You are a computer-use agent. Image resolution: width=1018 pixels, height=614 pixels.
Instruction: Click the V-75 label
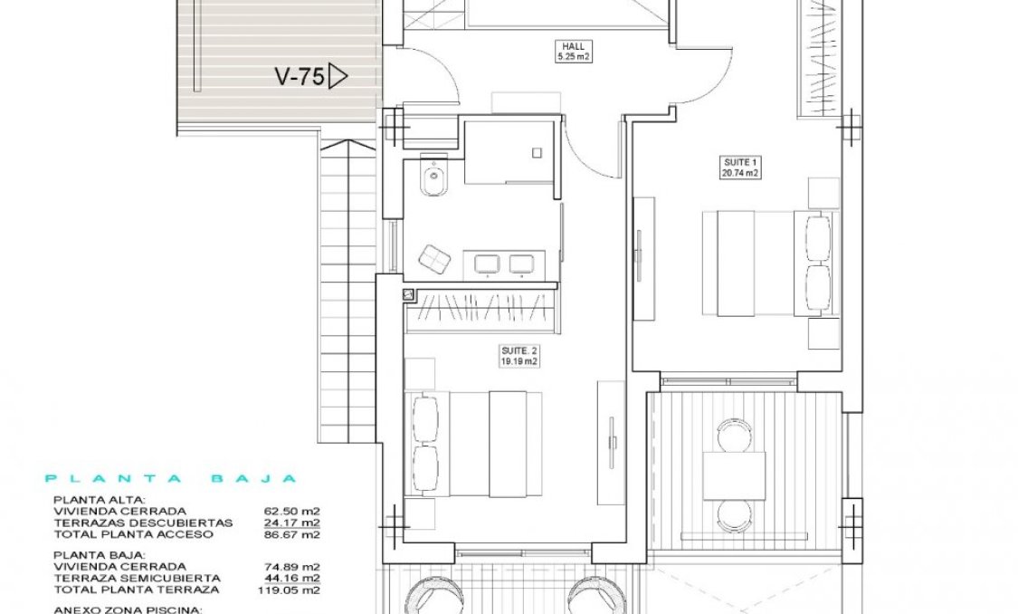(x=299, y=77)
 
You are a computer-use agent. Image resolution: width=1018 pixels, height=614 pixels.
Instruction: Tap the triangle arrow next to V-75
(x=338, y=76)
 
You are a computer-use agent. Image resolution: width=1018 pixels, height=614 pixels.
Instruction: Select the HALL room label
(x=572, y=46)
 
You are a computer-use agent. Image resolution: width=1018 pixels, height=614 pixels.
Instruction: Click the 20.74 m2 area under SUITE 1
(x=739, y=172)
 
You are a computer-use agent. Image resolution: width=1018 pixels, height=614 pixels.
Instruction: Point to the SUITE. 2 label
(x=519, y=350)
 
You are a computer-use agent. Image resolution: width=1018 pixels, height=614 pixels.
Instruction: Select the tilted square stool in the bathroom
(x=434, y=260)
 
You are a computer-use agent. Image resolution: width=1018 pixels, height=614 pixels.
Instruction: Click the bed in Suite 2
(x=477, y=443)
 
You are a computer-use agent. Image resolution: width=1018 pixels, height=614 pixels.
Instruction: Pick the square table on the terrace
(x=734, y=475)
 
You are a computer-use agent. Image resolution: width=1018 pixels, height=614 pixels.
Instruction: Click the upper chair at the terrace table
(x=734, y=436)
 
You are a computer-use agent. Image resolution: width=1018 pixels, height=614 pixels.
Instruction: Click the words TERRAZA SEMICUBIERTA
(x=137, y=578)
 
